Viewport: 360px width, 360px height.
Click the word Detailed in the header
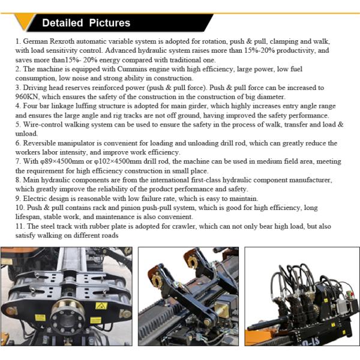[62, 23]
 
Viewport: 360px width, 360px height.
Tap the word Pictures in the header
[110, 23]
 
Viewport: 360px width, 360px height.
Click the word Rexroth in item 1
[62, 41]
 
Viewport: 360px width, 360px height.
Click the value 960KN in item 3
[27, 97]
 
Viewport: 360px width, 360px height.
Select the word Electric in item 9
[35, 199]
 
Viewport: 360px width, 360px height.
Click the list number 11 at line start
[19, 226]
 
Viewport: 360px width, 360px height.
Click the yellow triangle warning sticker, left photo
[101, 306]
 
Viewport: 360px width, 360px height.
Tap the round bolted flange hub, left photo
[67, 317]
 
